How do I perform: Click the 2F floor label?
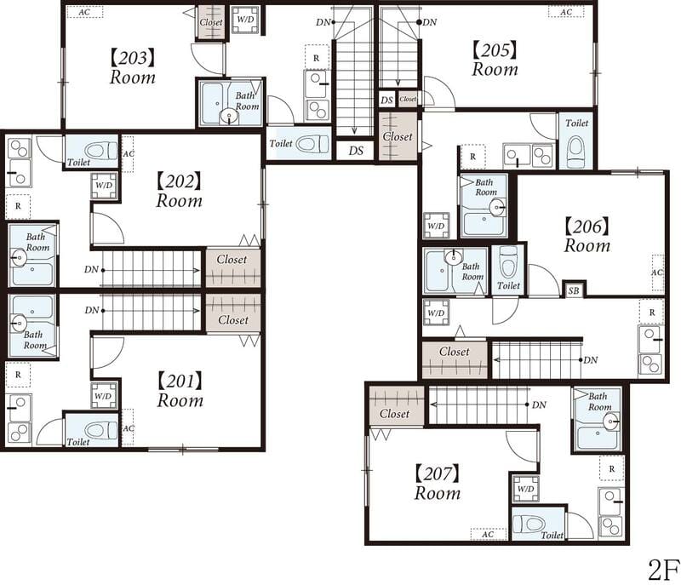(663, 570)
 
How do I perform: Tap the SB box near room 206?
(574, 290)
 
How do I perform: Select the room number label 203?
(132, 58)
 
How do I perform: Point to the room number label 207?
(437, 473)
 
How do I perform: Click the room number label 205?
(495, 50)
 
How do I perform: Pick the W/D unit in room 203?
(245, 20)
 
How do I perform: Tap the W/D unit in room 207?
(525, 489)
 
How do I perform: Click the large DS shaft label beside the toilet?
(356, 151)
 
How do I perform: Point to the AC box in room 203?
(84, 12)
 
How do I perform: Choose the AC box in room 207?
(489, 534)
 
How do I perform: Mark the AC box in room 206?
(657, 272)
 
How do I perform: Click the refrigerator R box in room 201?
(18, 375)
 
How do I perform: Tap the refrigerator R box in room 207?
(612, 468)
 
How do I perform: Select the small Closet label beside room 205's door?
(408, 99)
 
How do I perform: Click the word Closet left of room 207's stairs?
(394, 414)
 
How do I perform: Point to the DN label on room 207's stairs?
(539, 404)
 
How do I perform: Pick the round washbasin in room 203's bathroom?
(229, 117)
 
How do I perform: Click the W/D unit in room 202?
(104, 186)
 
